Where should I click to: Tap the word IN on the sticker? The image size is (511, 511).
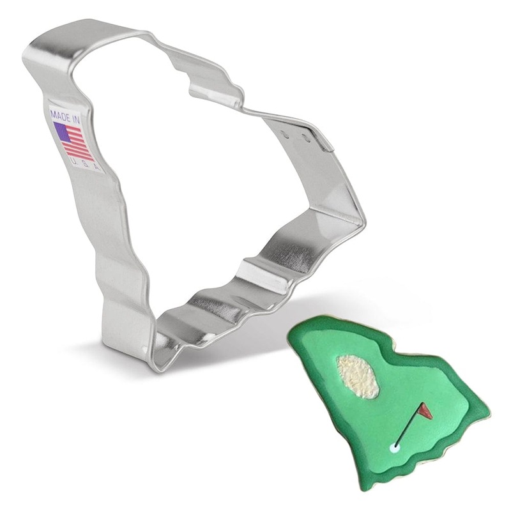(x=76, y=120)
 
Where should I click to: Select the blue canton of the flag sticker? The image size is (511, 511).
(x=62, y=132)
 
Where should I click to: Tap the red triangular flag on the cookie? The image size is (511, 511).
(x=426, y=411)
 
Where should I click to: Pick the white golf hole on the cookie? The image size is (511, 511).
(x=395, y=448)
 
